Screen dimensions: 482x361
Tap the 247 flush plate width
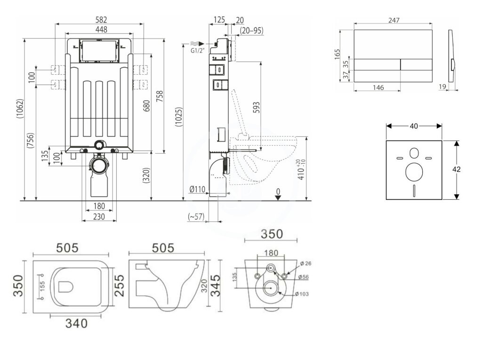[x=394, y=20]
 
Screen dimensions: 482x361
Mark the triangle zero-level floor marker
[x=279, y=197]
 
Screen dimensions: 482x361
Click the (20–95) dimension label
[x=251, y=31]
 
